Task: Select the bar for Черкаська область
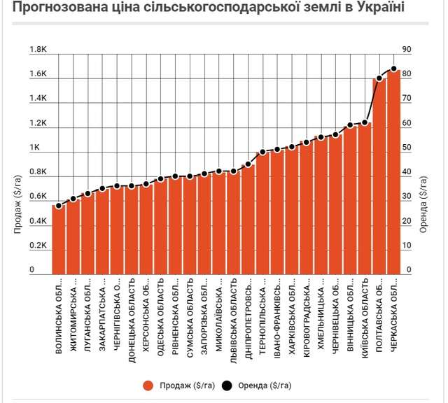point(393,171)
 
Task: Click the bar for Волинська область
point(58,239)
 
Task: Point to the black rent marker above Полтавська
point(379,78)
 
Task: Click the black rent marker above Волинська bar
point(58,206)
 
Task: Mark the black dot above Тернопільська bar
point(262,152)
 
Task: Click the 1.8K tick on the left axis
point(38,50)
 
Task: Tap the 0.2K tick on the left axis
point(38,246)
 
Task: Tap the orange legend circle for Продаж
point(147,386)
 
